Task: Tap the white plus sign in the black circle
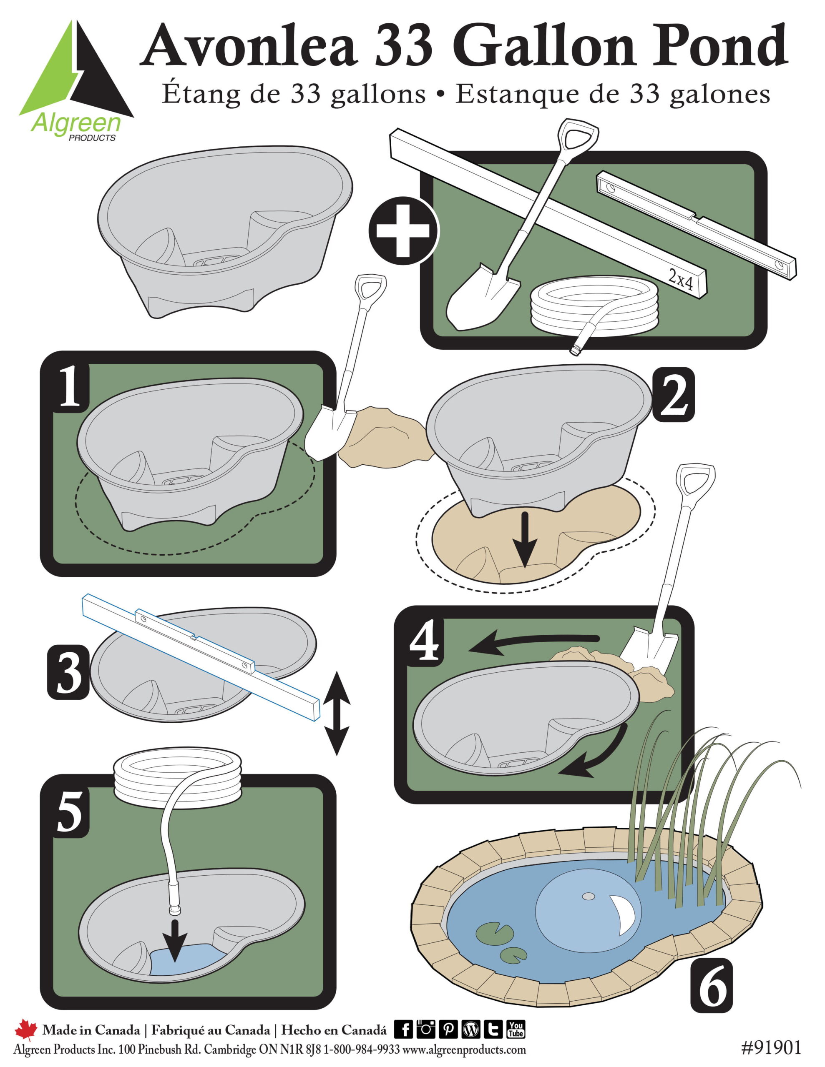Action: click(403, 230)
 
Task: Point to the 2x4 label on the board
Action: click(680, 281)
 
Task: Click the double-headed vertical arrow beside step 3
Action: click(337, 713)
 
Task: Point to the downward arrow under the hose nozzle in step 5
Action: click(175, 942)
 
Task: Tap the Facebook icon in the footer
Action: click(404, 1029)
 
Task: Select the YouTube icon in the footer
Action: click(516, 1029)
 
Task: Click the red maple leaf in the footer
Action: click(25, 1030)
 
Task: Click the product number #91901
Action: click(771, 1047)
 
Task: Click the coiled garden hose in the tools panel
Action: click(594, 308)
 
